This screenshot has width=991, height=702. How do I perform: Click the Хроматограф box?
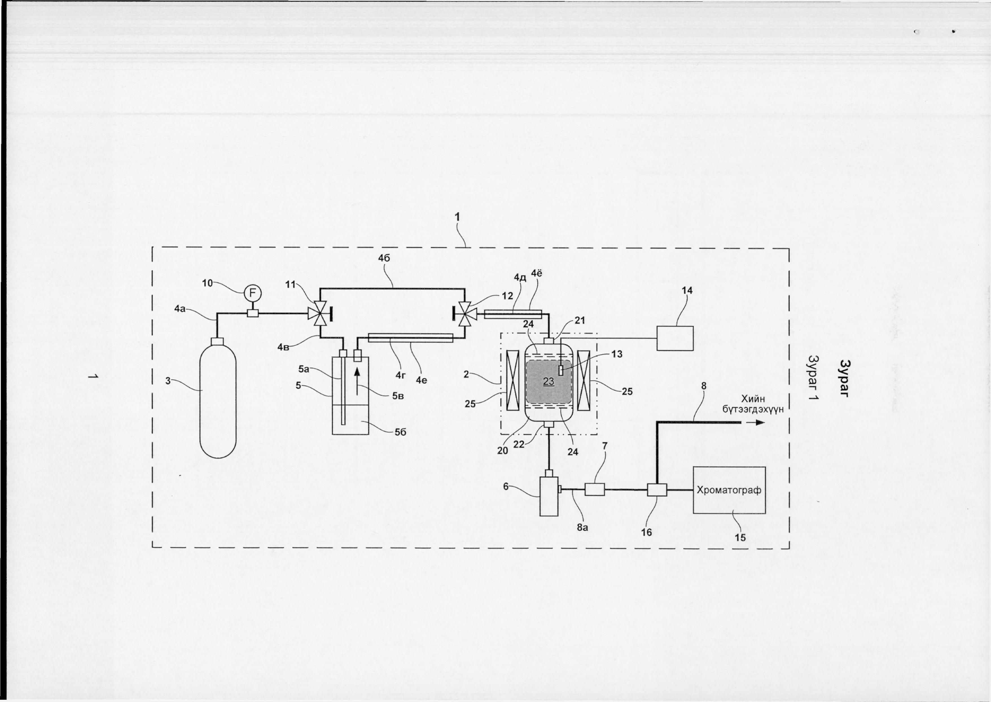coord(729,490)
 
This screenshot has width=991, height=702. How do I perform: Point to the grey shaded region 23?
coord(549,382)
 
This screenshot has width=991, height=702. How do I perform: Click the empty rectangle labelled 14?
coord(675,338)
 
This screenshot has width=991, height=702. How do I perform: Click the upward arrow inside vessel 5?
coord(357,381)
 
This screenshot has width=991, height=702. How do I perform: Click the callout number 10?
coord(208,283)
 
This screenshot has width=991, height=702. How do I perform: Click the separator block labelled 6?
coord(549,495)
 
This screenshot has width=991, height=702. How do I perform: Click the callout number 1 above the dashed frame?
coord(457,218)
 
